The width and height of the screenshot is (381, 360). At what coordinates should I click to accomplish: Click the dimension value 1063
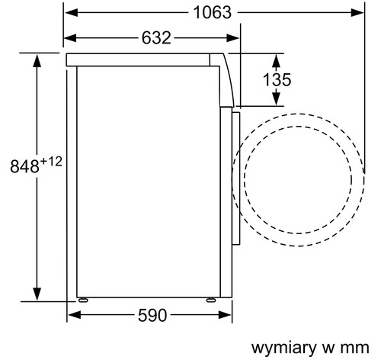[213, 12]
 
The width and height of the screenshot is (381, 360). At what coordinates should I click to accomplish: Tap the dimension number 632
[156, 38]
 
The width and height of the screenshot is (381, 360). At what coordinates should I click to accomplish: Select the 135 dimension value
[277, 79]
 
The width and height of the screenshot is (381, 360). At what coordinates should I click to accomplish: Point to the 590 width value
[152, 315]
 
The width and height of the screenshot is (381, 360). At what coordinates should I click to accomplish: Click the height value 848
[24, 166]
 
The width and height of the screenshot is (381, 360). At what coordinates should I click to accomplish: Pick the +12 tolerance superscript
[51, 162]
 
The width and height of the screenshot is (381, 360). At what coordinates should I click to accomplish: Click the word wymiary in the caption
[284, 348]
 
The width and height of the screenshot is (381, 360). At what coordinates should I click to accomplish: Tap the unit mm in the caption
[355, 348]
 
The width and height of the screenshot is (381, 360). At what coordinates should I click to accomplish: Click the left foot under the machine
[83, 300]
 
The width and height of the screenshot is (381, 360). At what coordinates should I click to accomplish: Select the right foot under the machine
[211, 300]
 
